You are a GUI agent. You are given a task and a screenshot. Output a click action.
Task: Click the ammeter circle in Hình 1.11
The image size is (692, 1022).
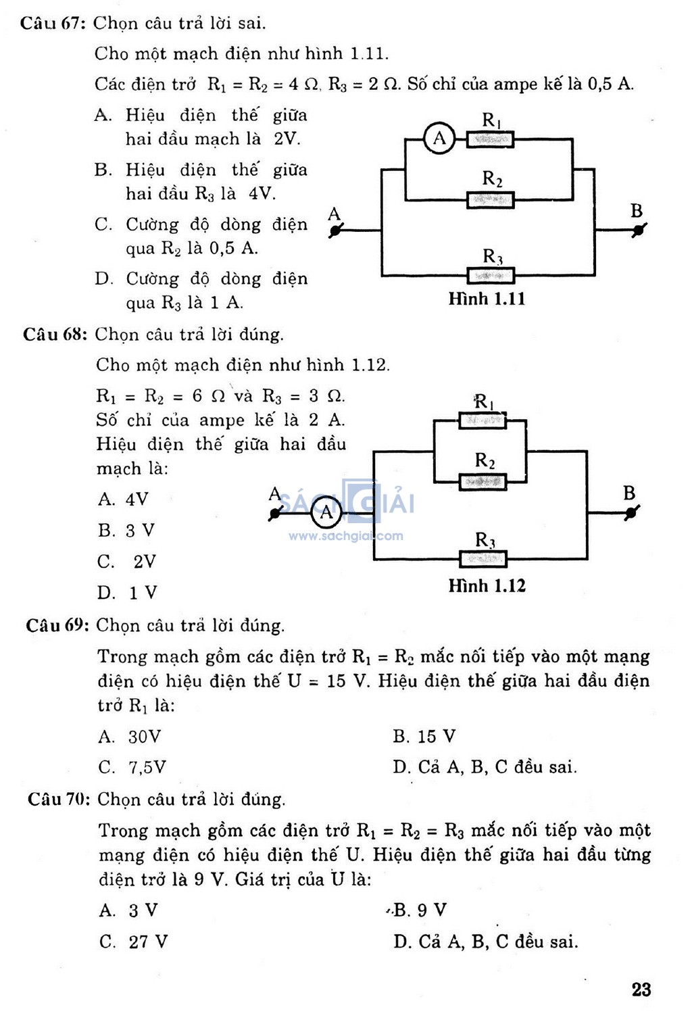point(439,138)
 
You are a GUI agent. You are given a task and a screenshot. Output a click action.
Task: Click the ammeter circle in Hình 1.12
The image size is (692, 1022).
point(326,513)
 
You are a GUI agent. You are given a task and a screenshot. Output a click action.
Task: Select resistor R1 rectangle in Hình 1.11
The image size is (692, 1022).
point(490,139)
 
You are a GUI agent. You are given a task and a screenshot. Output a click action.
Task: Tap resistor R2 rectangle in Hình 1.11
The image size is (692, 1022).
point(490,200)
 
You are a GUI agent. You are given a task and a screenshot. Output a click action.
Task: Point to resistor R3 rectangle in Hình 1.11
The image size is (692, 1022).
point(491,276)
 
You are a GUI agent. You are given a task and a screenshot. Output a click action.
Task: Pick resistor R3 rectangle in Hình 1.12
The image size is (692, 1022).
point(483,559)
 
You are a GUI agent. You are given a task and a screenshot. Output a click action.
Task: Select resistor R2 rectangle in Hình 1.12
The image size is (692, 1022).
point(483,482)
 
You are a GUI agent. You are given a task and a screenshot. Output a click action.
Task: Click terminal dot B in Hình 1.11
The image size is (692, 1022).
point(638,230)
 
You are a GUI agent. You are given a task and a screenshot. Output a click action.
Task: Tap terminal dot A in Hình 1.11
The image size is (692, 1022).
point(335,230)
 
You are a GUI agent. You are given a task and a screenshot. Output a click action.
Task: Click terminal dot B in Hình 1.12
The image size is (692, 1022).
point(631,513)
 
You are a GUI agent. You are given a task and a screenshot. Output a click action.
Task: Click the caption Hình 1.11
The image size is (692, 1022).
point(487,299)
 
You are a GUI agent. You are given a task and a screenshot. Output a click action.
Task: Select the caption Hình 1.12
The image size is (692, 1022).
point(487,585)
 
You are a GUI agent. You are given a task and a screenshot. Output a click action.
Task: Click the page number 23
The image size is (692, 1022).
point(641,990)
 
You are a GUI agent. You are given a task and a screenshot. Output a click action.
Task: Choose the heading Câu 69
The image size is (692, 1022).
point(57,625)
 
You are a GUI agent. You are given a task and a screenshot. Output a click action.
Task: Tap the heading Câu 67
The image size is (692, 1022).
point(53,23)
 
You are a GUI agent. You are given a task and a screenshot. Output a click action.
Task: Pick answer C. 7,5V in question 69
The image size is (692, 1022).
point(132,767)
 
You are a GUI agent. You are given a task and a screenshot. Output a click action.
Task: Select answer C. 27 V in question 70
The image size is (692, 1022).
point(134,942)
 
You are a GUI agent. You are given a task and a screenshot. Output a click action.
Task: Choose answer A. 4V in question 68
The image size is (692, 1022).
point(123,499)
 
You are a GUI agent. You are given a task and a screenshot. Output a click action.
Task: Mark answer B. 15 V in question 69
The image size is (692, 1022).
point(424,736)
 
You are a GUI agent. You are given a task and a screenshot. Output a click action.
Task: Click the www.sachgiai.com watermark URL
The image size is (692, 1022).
point(346,535)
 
